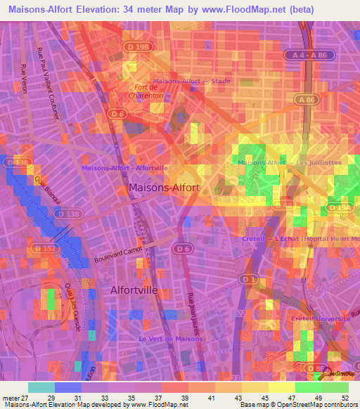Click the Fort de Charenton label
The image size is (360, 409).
144,91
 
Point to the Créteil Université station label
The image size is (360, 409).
321,318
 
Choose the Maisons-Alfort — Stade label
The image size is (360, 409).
191,81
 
